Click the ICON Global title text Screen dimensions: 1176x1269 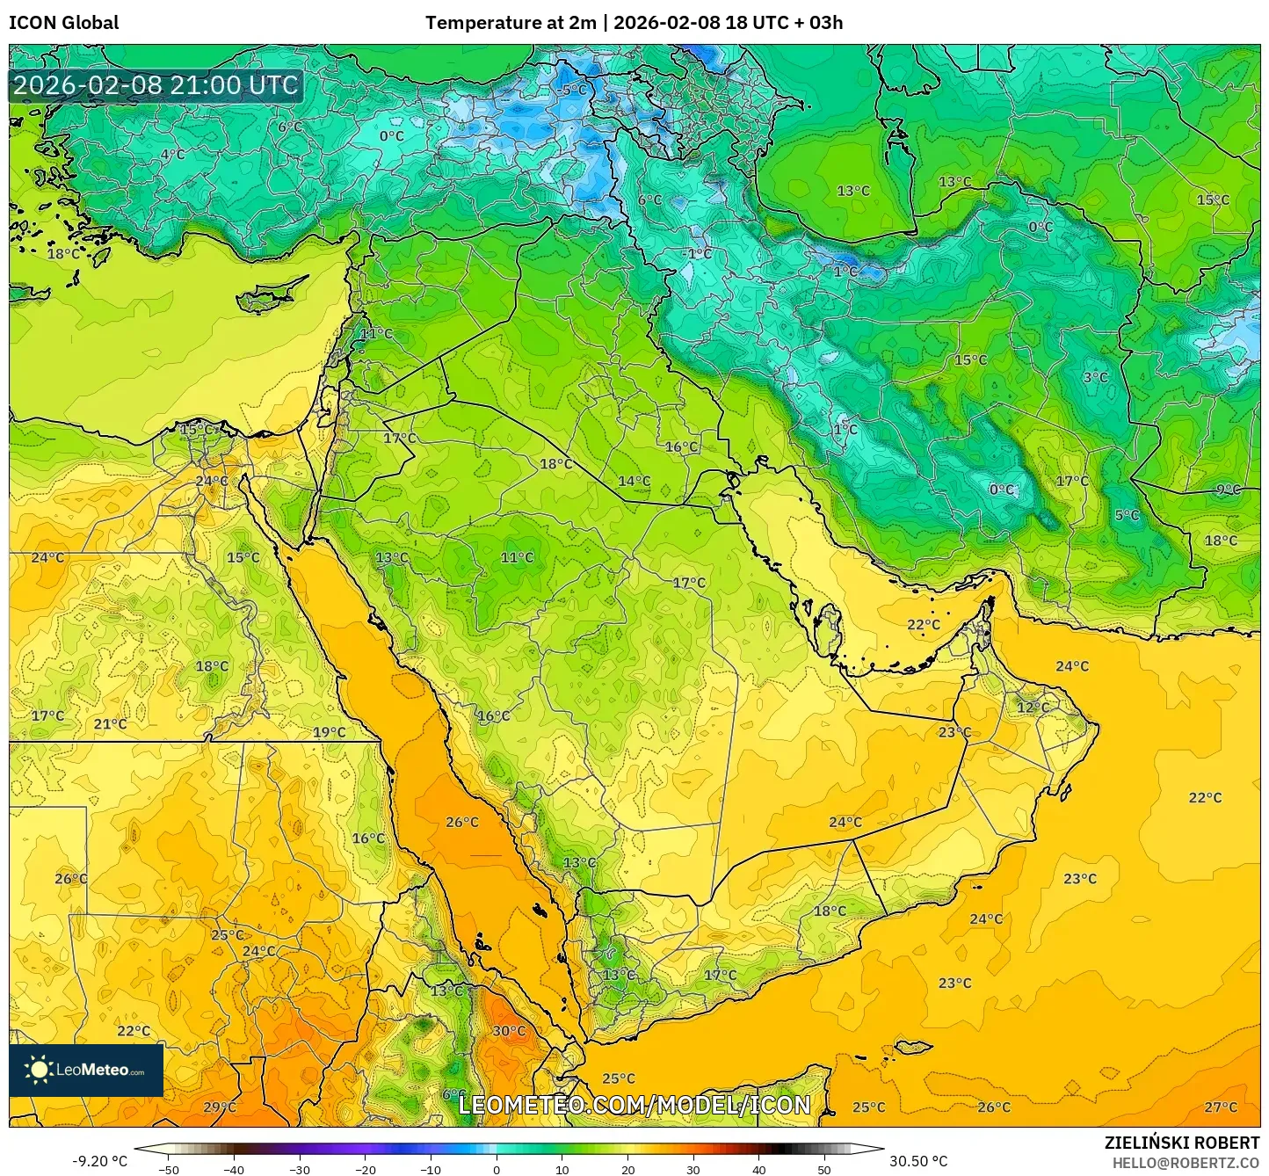pos(63,23)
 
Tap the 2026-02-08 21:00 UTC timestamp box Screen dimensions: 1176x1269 pos(156,85)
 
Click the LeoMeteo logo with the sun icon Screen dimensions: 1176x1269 pos(86,1070)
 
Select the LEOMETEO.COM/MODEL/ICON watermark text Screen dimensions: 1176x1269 pos(634,1105)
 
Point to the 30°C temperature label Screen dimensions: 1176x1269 pos(509,1031)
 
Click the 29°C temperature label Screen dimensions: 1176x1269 pos(220,1107)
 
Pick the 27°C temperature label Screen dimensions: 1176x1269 pos(1221,1107)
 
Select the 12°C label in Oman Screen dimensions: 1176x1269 pos(1033,708)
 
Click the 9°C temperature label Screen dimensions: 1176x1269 pos(1229,490)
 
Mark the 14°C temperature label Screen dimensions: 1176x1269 pos(634,481)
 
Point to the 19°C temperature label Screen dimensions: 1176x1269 pos(329,732)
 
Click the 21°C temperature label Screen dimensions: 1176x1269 pos(110,724)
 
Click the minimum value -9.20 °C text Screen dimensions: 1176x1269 pos(99,1161)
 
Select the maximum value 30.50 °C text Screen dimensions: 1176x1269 pos(918,1161)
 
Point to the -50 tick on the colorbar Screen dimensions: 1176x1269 pos(168,1170)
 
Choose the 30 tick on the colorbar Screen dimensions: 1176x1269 pos(693,1170)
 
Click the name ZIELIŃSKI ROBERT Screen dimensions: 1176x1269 pos(1182,1143)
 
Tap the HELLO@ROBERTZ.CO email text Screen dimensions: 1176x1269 pos(1186,1163)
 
